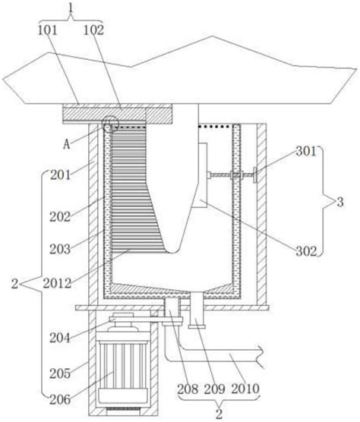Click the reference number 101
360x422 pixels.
coord(47,30)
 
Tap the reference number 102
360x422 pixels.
coord(93,30)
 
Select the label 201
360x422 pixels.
coord(60,175)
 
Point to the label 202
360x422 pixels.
coord(60,216)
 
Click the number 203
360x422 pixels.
coord(60,249)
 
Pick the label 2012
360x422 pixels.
coord(58,283)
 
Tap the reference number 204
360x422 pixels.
coord(60,338)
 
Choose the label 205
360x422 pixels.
coord(60,373)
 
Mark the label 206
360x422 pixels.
coord(60,400)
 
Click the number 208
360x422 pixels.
coord(188,389)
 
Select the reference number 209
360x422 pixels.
coord(214,389)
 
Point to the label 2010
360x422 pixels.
coord(245,389)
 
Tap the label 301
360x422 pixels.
coord(306,152)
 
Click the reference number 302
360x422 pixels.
coord(306,251)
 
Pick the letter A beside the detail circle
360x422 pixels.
coord(67,144)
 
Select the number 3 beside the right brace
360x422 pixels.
coord(340,202)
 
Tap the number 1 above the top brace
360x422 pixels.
coord(71,8)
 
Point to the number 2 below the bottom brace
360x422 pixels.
coord(219,414)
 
